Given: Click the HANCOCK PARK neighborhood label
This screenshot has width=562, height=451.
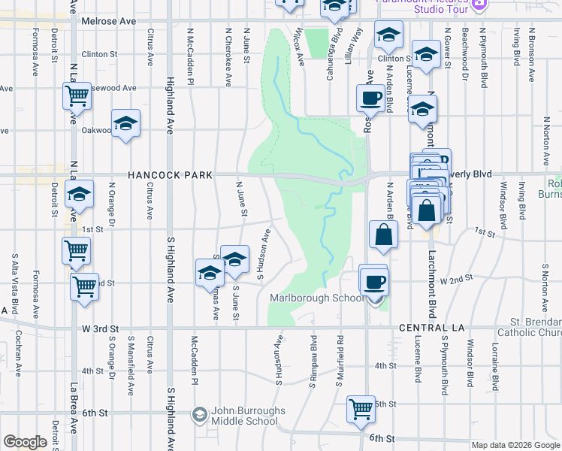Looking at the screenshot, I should click(169, 174).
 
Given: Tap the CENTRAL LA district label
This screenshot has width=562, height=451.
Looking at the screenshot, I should click(428, 328).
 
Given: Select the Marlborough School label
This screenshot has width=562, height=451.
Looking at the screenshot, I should click(316, 298).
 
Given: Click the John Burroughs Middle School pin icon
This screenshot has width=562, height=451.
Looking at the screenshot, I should click(199, 414).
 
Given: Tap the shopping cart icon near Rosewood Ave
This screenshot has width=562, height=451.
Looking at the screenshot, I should click(77, 95).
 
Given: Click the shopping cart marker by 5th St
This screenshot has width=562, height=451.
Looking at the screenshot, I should click(361, 409).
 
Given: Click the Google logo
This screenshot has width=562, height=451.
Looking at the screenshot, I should click(25, 442).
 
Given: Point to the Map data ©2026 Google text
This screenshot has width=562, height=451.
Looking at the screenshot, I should click(516, 445).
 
